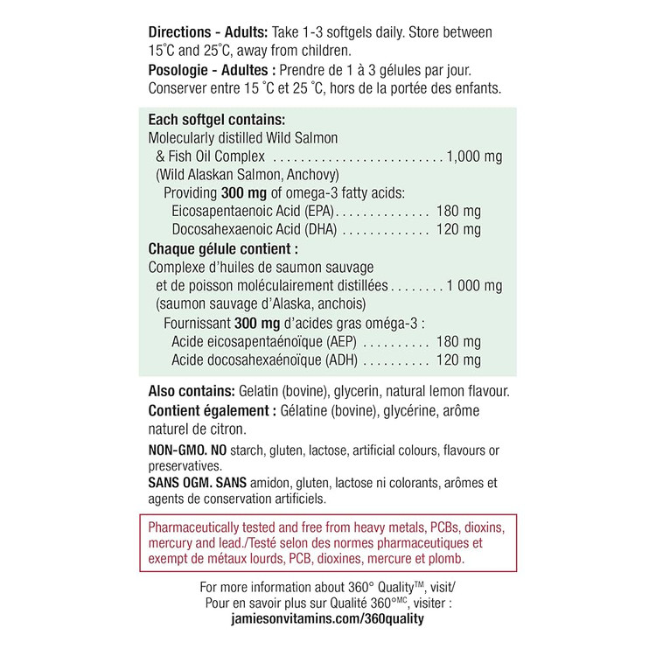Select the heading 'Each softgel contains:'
218,120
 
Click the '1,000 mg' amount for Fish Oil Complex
473,157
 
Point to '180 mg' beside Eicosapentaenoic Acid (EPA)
457,212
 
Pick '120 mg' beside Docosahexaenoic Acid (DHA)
457,230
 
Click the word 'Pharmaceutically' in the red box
197,527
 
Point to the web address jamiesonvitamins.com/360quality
325,618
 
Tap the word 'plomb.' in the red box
446,558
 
